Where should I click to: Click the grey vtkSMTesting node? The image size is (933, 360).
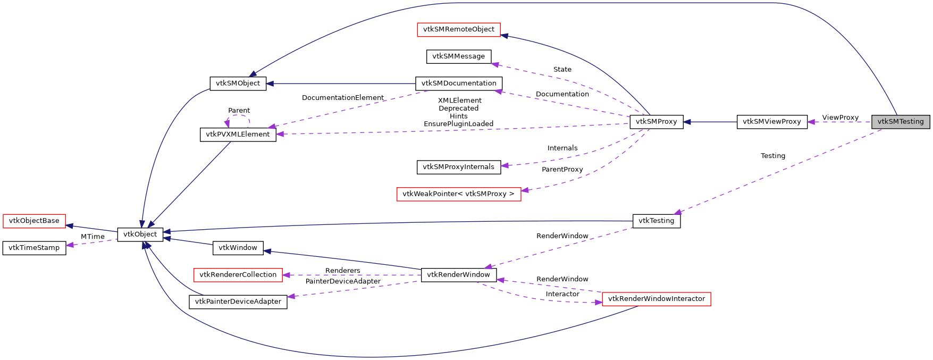tap(901, 122)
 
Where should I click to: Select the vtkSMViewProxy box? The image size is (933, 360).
tap(771, 122)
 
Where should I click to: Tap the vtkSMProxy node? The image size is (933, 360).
tap(656, 122)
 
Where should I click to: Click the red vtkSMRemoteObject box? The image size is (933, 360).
tap(458, 30)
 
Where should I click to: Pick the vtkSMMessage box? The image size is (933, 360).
tap(458, 56)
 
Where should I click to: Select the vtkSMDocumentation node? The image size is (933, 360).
tap(458, 83)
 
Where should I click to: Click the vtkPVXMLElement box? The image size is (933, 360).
tap(238, 135)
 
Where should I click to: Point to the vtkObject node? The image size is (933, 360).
tap(140, 235)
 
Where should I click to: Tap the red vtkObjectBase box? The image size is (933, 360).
tap(34, 221)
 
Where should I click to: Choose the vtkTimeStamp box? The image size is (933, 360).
tap(34, 248)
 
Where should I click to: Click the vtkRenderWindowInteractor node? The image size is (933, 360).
tap(656, 299)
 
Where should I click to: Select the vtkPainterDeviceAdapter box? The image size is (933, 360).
tap(238, 302)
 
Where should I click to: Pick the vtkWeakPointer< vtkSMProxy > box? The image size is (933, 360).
tap(458, 194)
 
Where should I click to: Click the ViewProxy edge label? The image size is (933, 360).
tap(840, 118)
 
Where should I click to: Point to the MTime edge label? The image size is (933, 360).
tap(93, 237)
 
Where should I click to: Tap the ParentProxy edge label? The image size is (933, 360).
tap(562, 170)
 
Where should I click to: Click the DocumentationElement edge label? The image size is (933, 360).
tap(342, 98)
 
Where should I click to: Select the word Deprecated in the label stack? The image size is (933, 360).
tap(458, 108)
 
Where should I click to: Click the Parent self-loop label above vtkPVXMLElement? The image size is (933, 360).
tap(239, 111)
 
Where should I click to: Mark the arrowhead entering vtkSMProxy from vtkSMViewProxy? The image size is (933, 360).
tap(687, 122)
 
